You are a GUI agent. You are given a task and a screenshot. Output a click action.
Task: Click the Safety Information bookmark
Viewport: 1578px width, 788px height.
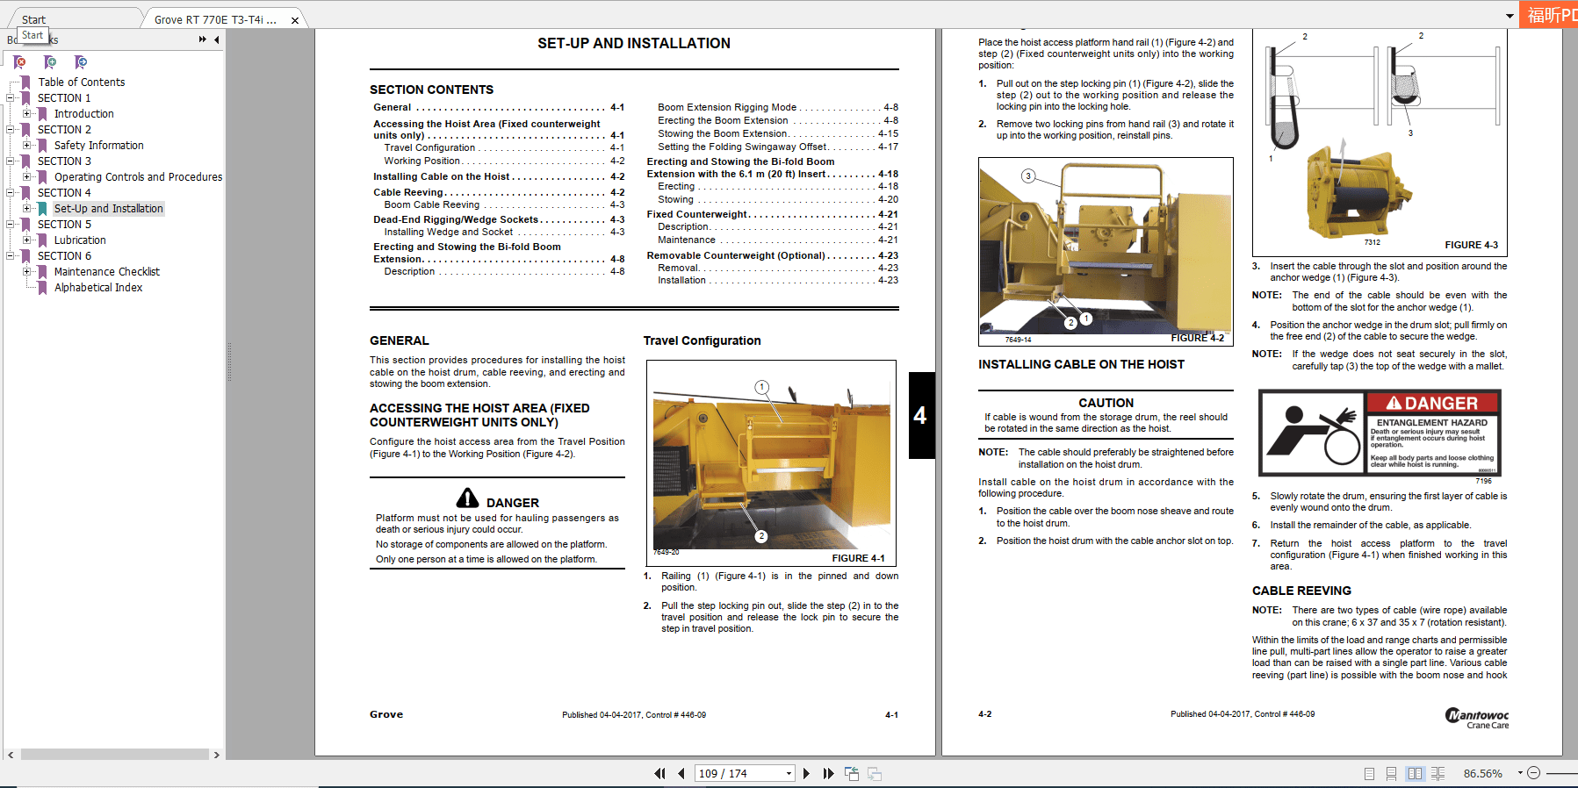click(98, 146)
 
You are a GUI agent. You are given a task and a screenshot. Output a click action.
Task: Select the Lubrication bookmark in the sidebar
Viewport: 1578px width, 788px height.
click(80, 240)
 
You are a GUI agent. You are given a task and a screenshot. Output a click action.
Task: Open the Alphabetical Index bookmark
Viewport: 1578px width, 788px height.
click(98, 288)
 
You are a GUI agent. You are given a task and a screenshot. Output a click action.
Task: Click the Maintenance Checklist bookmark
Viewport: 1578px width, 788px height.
click(107, 272)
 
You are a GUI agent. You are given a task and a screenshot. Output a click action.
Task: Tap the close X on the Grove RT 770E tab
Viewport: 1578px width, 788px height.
click(295, 20)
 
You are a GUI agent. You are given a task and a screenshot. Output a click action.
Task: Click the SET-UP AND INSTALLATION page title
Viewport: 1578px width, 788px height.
click(633, 44)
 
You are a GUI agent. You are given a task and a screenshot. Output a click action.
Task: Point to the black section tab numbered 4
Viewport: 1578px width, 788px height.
click(920, 415)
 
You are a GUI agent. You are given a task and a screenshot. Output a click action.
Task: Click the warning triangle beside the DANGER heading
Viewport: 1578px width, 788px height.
click(467, 498)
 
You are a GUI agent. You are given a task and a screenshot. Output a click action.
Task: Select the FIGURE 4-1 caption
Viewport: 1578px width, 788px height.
click(858, 558)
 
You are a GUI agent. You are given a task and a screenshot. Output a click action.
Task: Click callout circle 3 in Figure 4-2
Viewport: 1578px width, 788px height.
click(1028, 176)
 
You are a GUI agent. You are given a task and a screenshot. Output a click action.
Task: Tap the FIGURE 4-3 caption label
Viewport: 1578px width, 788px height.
click(1471, 245)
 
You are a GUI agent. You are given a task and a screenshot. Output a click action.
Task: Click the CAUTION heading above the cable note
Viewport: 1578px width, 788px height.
click(1106, 403)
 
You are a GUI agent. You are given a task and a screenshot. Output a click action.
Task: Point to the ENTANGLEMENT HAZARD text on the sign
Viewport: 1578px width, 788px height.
click(1431, 423)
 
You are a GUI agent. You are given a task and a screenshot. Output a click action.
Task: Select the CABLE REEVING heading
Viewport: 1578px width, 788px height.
click(1301, 591)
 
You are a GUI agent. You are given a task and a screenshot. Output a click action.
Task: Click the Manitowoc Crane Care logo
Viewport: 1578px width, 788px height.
click(1477, 718)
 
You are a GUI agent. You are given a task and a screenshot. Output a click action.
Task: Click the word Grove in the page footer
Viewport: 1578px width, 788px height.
click(386, 714)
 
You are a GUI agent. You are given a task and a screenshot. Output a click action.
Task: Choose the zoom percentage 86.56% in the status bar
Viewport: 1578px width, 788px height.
click(1482, 774)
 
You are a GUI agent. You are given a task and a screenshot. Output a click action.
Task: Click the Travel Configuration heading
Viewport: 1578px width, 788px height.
click(702, 340)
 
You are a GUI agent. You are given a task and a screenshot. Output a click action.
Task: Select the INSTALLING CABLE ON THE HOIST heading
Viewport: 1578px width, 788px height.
click(1081, 364)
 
